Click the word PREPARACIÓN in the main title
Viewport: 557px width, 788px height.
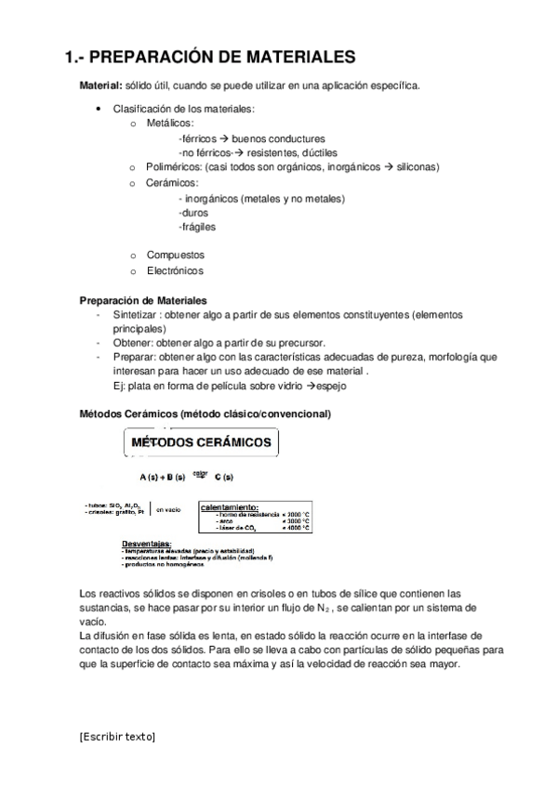point(161,58)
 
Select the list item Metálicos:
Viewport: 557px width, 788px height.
point(170,124)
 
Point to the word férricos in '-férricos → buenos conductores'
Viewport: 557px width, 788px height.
point(197,138)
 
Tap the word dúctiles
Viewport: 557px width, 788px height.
point(314,152)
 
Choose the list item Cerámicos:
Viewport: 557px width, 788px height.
point(172,183)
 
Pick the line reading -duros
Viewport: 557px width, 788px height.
point(192,212)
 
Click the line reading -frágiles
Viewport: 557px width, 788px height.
point(195,227)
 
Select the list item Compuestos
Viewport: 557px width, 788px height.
point(176,255)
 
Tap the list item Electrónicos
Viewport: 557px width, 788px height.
point(175,270)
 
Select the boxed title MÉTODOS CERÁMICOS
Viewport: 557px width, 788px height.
point(200,442)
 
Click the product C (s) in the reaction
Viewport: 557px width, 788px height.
point(224,478)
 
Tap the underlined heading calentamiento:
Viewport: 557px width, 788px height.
point(230,507)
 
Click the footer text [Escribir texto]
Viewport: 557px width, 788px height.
point(118,737)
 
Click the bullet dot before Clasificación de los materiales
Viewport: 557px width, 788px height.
point(99,110)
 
